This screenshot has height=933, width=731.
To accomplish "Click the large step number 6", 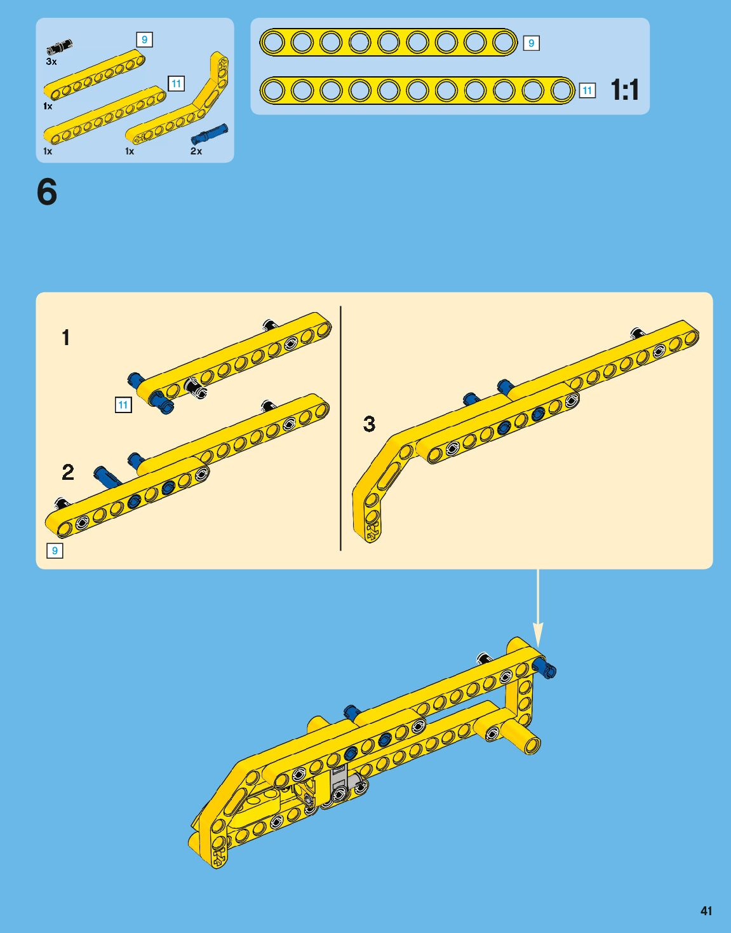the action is [x=47, y=192].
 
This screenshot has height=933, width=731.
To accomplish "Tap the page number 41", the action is [x=706, y=911].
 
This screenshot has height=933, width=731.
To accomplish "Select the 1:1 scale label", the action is [x=625, y=90].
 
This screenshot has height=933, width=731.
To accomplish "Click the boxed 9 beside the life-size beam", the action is [x=531, y=43].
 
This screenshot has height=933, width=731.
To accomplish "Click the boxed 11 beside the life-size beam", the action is [x=587, y=91].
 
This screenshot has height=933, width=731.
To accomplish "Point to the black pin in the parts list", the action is [x=59, y=47].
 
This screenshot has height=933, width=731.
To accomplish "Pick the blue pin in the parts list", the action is [x=209, y=134].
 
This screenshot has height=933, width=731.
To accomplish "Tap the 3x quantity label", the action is [x=51, y=62].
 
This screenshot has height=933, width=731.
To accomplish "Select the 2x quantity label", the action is [x=196, y=151].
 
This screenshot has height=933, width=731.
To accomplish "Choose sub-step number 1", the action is [x=65, y=337].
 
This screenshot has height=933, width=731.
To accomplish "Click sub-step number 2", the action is [x=68, y=472].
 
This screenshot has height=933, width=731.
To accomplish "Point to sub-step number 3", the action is [x=369, y=424].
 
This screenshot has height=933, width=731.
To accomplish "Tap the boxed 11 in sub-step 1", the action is [x=123, y=405].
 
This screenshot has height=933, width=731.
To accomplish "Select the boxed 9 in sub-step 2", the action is [x=55, y=550].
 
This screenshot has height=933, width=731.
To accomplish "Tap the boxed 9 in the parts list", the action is [x=144, y=39].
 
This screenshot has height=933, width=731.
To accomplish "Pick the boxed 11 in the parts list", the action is [x=176, y=83].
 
